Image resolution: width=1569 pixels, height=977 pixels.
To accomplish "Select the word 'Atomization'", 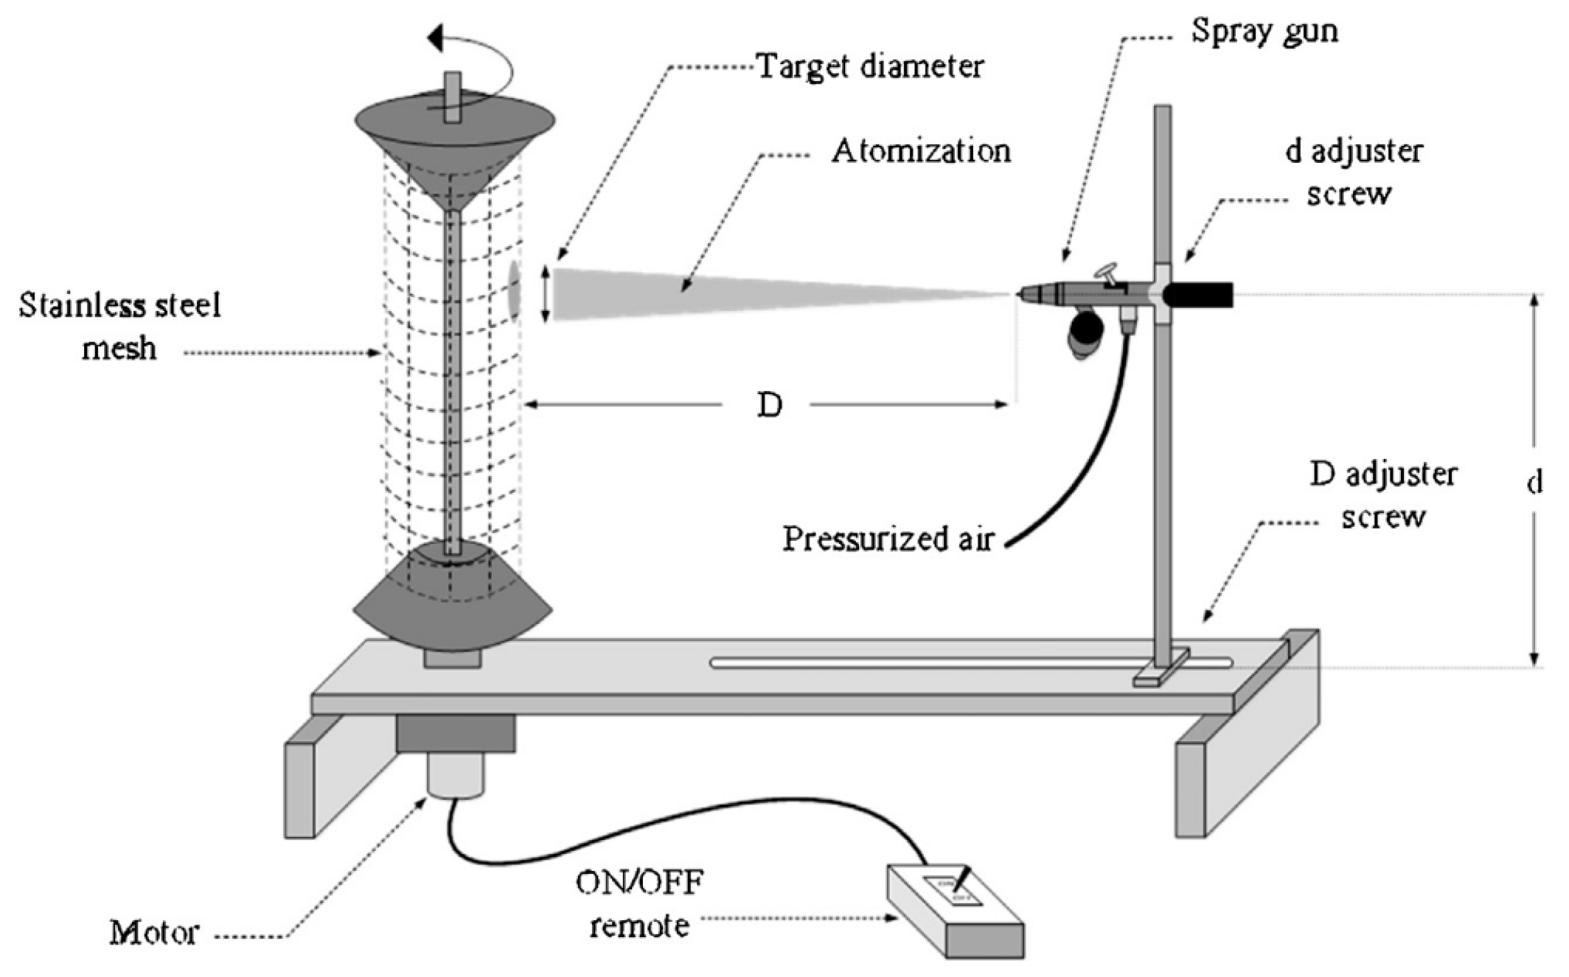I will pos(921,152).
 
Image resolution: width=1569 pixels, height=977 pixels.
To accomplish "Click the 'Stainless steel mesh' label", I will pos(119,326).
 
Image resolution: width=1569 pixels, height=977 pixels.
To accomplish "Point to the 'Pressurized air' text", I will pos(888,539).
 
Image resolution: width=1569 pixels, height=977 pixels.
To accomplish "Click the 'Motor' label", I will pos(154,933).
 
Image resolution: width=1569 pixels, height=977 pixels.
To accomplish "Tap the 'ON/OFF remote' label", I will pos(639,903).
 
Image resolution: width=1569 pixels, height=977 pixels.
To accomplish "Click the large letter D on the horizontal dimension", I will pos(769,405).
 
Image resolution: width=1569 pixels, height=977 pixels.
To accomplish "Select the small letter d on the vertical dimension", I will pos(1534,483).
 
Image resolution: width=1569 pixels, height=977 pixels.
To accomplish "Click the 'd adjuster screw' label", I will pos(1352,173).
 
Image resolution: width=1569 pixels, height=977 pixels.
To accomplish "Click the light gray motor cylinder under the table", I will pos(455,774).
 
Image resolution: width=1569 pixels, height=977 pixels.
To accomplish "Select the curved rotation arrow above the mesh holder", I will pos(472,66).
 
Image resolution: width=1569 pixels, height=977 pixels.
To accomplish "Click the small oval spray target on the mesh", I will pos(514,293).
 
